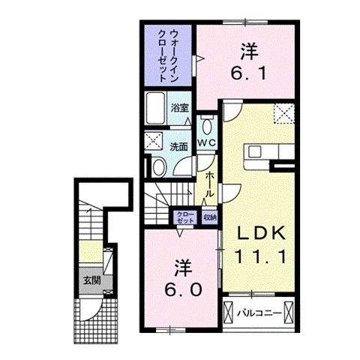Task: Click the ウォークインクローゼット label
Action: (168, 53)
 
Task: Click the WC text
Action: (207, 142)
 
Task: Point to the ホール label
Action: (210, 183)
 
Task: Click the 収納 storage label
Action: (208, 217)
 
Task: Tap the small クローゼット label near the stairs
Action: (184, 217)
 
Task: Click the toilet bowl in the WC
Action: (207, 122)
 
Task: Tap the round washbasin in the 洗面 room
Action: (159, 166)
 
